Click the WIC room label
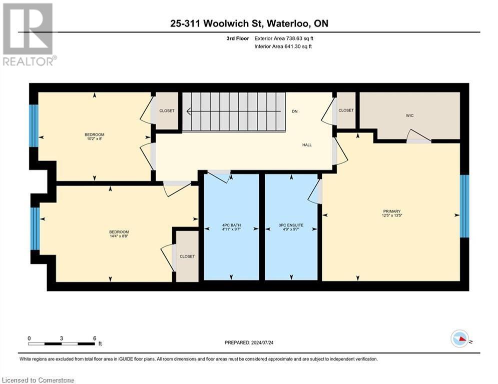(x=409, y=115)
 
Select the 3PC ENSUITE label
(x=291, y=225)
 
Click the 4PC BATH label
(x=231, y=225)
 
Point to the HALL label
(x=307, y=145)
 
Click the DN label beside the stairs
(x=295, y=111)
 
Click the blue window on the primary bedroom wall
(x=464, y=206)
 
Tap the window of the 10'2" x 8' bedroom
(x=34, y=125)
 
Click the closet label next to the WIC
(x=346, y=110)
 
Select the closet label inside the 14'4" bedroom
(x=187, y=256)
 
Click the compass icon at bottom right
(x=459, y=338)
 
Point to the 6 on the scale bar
(x=95, y=338)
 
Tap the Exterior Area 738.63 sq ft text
(x=284, y=38)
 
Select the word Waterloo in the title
(x=287, y=23)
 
